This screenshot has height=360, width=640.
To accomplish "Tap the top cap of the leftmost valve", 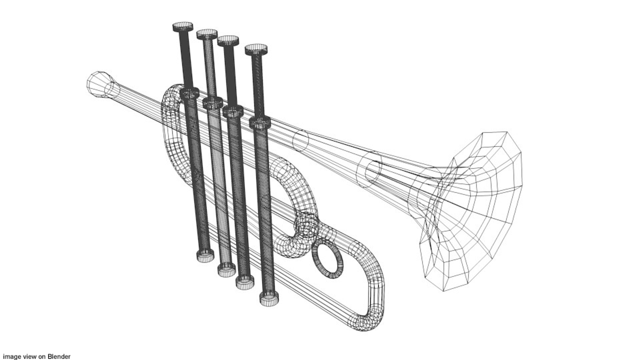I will (x=183, y=27).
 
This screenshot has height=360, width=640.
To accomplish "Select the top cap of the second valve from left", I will (x=207, y=34).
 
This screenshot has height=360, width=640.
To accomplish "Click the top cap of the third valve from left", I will (x=228, y=41).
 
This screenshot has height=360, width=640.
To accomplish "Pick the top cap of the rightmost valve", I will (x=256, y=49).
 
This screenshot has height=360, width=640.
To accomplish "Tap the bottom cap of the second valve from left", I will (x=227, y=269).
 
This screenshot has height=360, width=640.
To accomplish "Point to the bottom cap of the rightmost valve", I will (x=269, y=299).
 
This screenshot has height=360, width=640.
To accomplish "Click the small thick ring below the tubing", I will (x=327, y=259).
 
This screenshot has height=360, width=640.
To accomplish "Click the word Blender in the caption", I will (x=59, y=356).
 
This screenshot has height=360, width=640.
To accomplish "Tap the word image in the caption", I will (x=11, y=356).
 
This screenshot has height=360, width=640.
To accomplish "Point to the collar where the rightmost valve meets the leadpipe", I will (x=260, y=122).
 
